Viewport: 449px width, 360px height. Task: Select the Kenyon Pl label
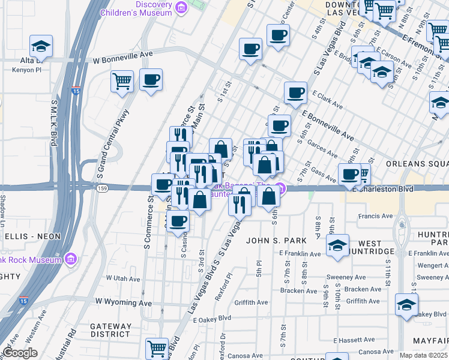(x=25, y=70)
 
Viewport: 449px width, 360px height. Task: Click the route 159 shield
(x=102, y=188)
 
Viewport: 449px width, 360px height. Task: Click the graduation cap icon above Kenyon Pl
(x=41, y=46)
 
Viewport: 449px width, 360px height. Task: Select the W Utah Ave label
(x=122, y=278)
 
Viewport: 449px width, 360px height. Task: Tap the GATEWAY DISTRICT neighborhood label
(x=110, y=330)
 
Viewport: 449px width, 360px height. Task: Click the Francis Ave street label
(x=375, y=216)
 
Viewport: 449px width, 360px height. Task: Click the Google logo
(x=20, y=353)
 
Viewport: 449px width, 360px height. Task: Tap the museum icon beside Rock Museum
(x=71, y=259)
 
